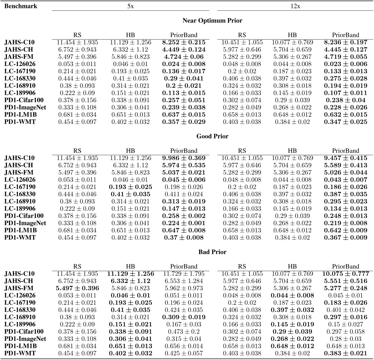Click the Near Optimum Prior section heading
(x=212, y=20)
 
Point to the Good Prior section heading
(x=212, y=136)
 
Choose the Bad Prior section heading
(x=212, y=252)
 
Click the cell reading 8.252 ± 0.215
(x=184, y=42)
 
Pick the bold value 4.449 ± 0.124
(x=184, y=50)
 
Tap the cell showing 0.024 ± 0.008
(x=184, y=64)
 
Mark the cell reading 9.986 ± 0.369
(x=184, y=158)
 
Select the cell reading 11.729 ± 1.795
(x=184, y=274)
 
